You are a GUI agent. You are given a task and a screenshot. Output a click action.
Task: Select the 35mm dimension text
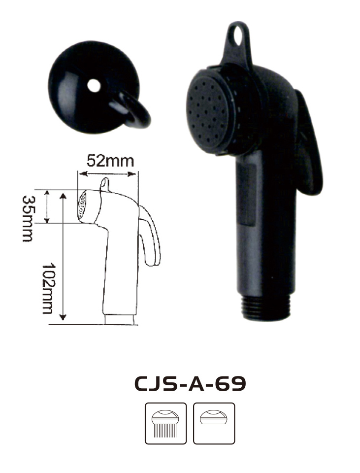(x=28, y=219)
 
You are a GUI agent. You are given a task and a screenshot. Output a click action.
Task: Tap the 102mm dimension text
(x=48, y=289)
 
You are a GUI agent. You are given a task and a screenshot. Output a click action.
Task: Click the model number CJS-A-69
(x=190, y=384)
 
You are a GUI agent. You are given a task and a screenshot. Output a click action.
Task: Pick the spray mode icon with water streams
(x=166, y=423)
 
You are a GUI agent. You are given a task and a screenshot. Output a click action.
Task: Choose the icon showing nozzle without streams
(x=214, y=423)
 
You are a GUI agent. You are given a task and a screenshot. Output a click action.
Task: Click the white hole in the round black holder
(x=94, y=86)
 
